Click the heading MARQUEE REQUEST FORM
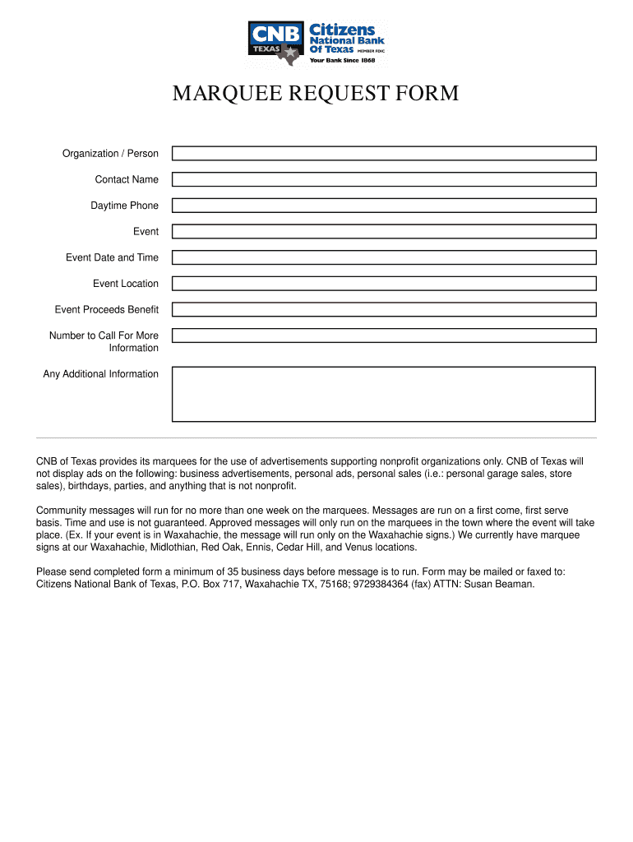pos(316,94)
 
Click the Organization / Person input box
pos(384,154)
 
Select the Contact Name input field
pos(384,179)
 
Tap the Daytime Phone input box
pos(384,206)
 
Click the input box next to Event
pos(384,232)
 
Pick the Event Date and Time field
pos(384,257)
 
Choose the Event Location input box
pos(384,284)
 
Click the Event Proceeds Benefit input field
pos(384,310)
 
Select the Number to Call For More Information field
pos(384,335)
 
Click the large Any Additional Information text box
pos(384,394)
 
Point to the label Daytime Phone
pos(124,206)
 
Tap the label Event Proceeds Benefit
pos(106,310)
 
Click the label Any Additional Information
pos(100,374)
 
